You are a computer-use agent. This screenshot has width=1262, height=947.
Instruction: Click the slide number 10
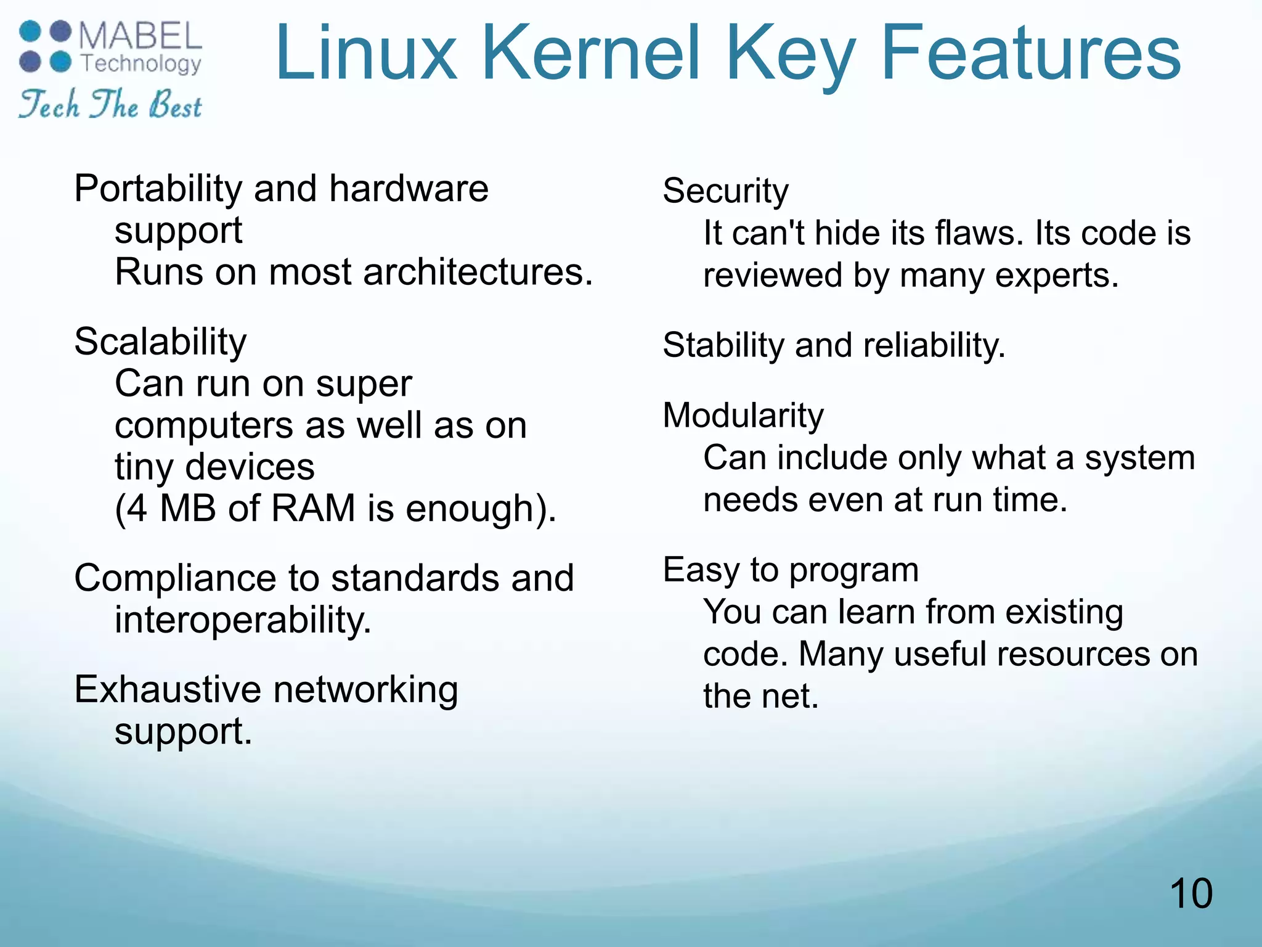pos(1191,893)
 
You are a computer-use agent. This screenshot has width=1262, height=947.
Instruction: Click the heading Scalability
pos(160,342)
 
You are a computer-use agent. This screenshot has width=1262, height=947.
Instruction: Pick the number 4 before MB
pos(137,509)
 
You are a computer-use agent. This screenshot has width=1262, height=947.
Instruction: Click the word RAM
pos(313,509)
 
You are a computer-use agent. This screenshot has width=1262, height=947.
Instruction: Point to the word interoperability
pos(243,620)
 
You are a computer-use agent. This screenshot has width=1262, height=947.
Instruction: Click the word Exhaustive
pos(168,689)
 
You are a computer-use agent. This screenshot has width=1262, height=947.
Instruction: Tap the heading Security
pos(725,191)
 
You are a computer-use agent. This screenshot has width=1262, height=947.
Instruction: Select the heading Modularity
pos(743,416)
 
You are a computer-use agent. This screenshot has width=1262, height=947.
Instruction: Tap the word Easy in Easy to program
pos(700,570)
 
